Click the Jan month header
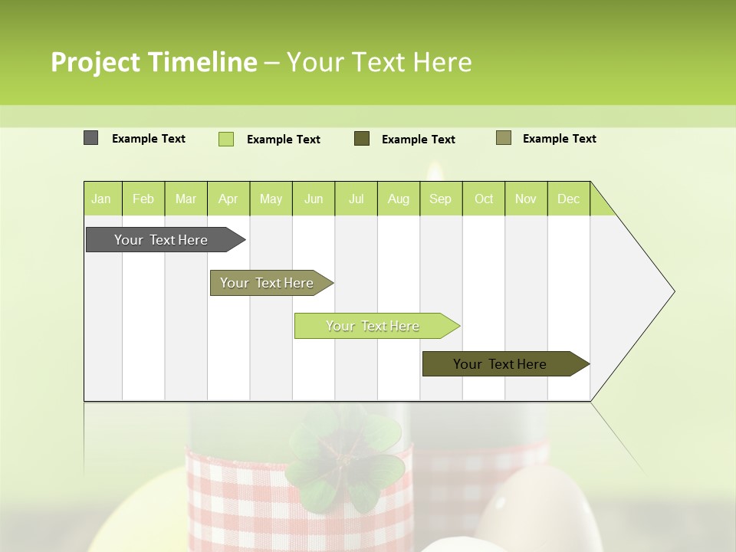point(102,199)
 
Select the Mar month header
point(186,199)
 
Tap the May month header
point(271,199)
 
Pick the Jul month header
point(356,199)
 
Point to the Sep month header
point(440,199)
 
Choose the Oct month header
point(484,199)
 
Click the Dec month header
point(568,199)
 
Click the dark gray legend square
point(91,138)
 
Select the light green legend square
point(226,139)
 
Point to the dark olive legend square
point(362,138)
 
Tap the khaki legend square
point(504,138)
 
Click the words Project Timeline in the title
point(154,62)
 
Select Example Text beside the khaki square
point(559,139)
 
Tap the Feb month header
point(143,199)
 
